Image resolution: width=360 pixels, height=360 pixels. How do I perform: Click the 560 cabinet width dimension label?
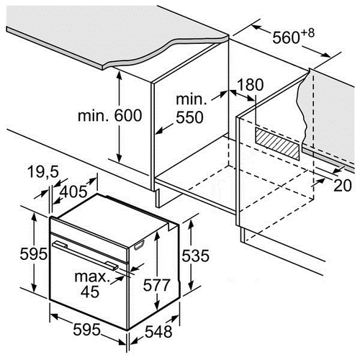286,37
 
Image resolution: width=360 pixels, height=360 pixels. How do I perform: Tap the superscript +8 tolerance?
307,33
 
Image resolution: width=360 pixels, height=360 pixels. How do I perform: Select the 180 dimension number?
250,84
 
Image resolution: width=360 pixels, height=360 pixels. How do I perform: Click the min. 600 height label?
110,116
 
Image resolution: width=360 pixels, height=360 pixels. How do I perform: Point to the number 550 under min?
189,117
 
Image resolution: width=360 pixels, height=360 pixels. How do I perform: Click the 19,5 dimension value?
43,172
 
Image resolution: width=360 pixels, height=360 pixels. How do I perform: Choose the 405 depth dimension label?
73,192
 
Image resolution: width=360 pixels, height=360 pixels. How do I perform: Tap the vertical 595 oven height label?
33,254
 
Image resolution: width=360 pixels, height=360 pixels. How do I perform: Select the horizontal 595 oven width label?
86,330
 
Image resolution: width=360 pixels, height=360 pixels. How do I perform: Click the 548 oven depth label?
158,332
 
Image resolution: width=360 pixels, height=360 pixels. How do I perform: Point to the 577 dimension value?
156,285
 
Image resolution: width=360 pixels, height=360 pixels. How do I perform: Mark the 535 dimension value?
195,256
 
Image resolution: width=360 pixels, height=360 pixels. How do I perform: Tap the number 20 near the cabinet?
343,185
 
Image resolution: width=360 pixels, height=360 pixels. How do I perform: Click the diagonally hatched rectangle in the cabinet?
277,143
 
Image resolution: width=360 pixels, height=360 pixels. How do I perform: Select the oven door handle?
85,256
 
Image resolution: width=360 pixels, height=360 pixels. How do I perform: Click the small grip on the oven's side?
140,245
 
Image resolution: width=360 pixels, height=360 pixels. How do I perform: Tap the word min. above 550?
192,99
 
